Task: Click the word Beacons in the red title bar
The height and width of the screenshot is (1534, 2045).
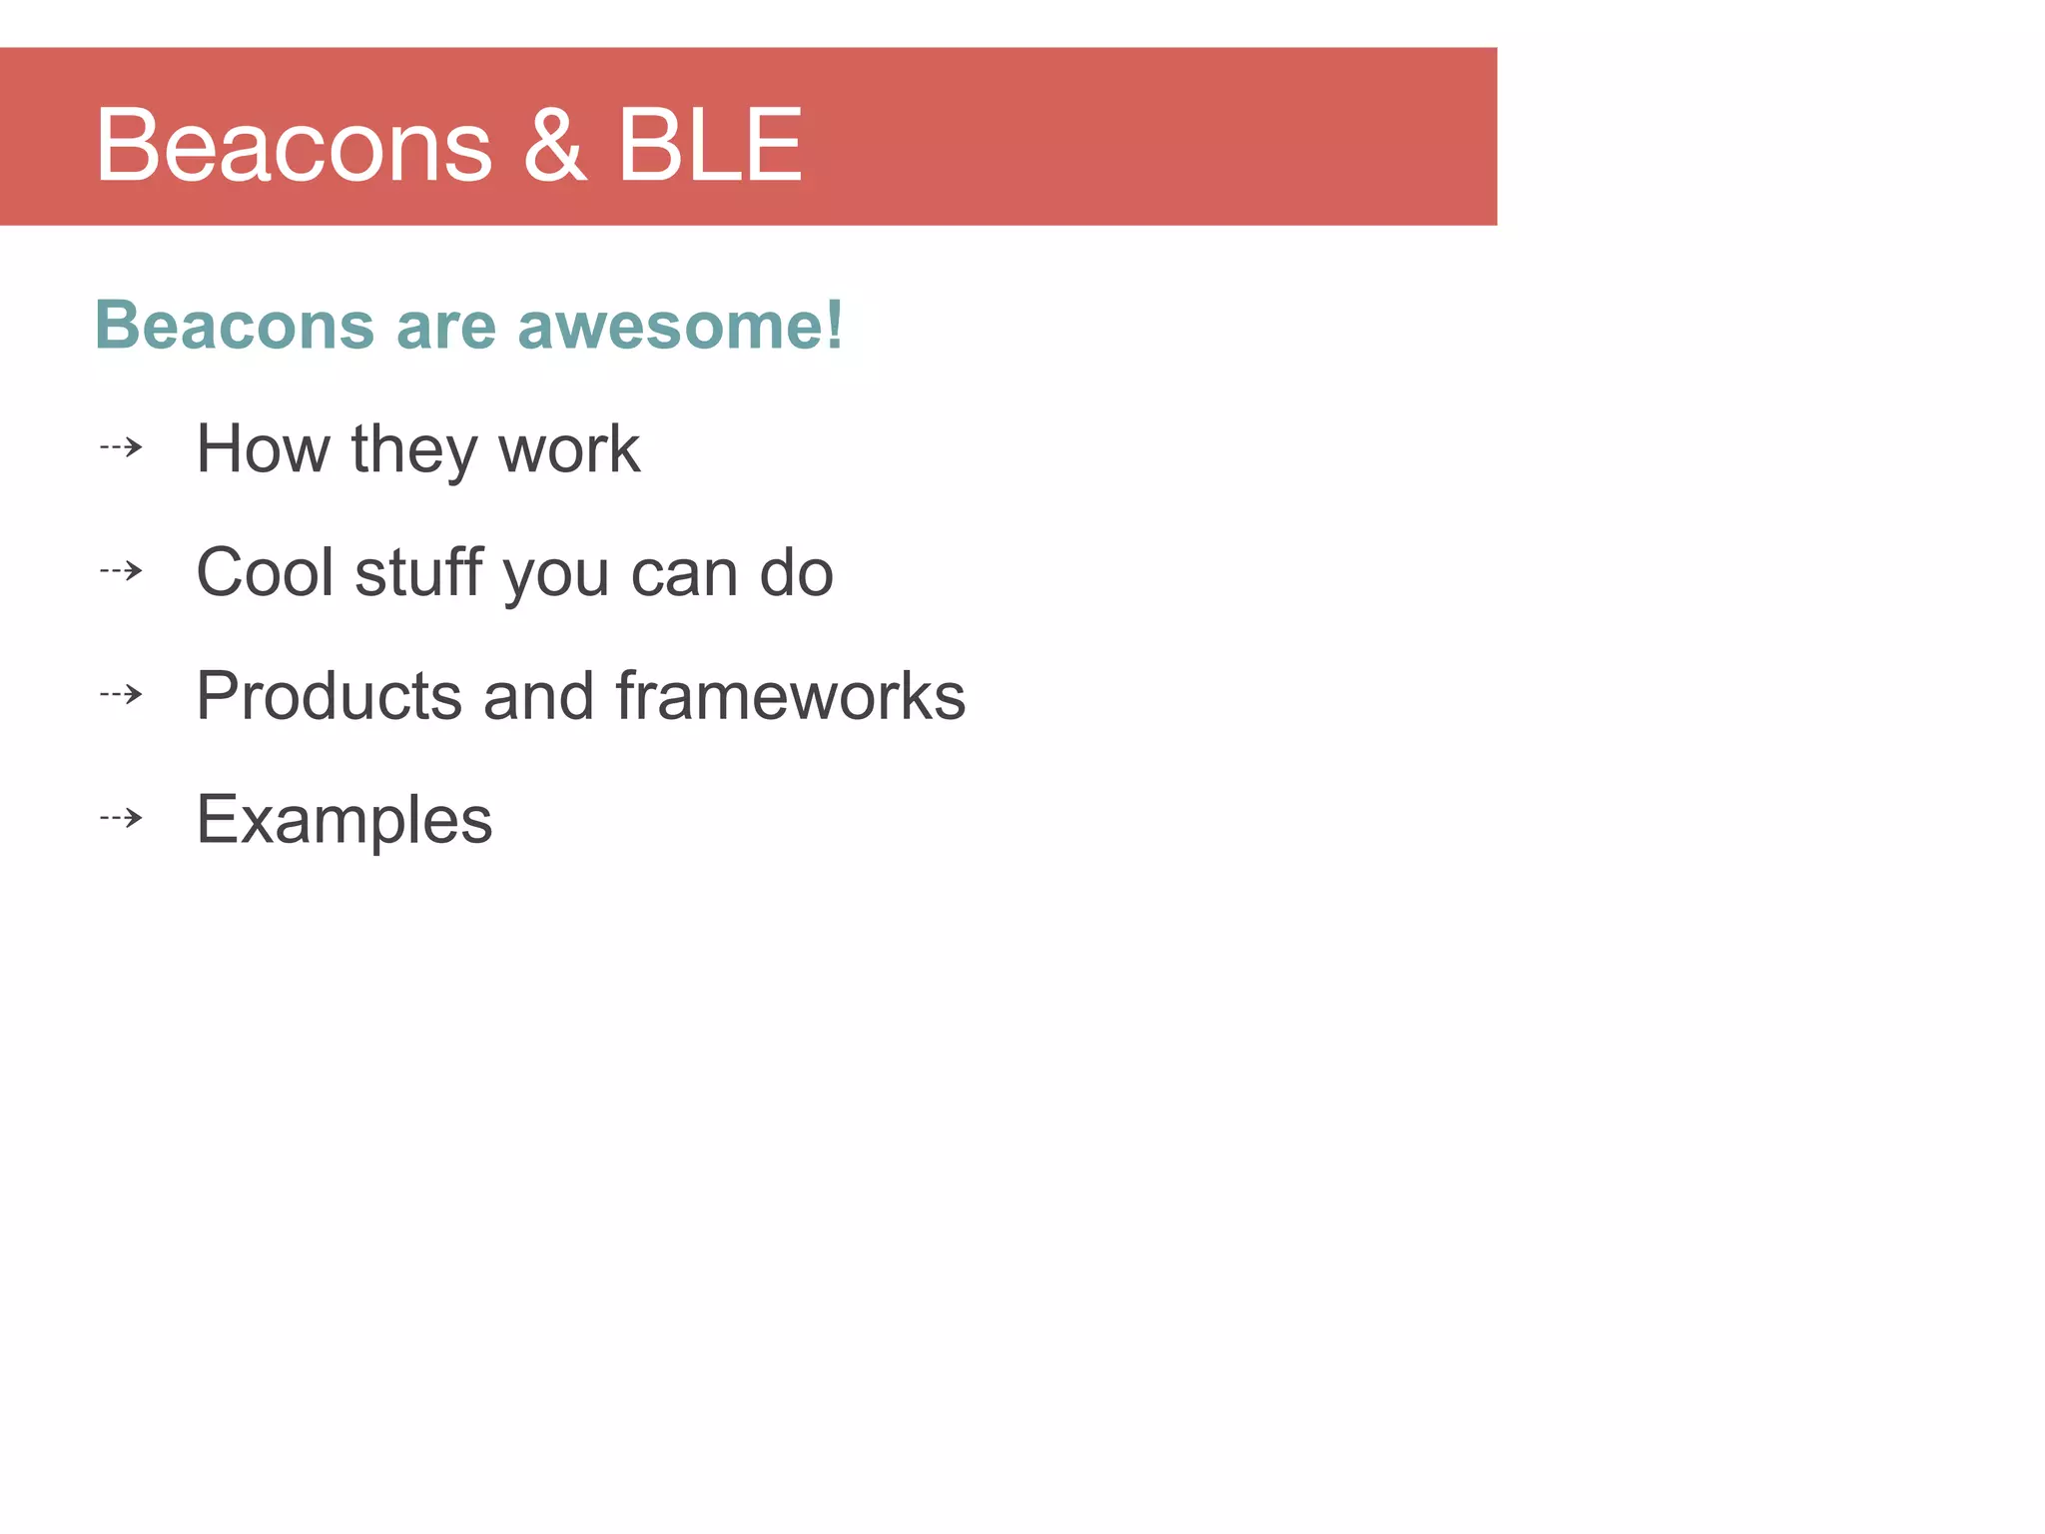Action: pos(294,146)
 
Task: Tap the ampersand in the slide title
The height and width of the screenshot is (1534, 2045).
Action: pos(555,146)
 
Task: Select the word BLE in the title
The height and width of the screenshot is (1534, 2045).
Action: pos(710,146)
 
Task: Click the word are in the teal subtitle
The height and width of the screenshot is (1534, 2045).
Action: pos(446,328)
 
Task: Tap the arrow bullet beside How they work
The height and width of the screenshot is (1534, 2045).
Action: pos(122,447)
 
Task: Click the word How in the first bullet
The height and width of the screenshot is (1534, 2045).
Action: pos(263,448)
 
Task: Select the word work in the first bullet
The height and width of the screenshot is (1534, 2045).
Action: pos(569,449)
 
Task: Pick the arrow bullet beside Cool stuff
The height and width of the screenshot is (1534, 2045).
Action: pos(122,571)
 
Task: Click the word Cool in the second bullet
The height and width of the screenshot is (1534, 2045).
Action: pos(265,572)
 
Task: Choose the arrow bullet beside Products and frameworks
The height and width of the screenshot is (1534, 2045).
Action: pos(122,694)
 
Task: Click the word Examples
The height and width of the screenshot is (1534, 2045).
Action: pos(344,820)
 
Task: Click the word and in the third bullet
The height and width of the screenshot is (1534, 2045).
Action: pos(539,696)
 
